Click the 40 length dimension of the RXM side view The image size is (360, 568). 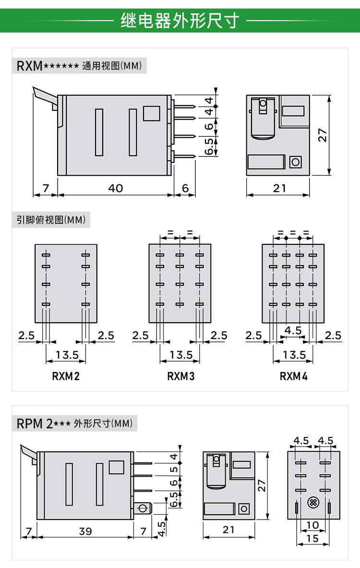pos(115,188)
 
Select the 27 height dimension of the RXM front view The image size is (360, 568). pos(324,135)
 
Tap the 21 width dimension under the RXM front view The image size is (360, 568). pos(279,188)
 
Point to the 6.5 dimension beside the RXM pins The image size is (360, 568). pos(209,146)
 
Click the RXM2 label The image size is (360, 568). pos(66,376)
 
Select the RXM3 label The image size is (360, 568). pos(180,376)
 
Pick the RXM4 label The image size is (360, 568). pos(293,376)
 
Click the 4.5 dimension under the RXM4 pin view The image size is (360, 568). pos(293,330)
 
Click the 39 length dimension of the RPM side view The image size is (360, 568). pos(85,531)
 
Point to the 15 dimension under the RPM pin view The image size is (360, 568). pos(312,539)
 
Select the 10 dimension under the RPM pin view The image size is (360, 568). pos(312,525)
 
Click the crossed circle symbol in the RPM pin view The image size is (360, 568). pos(313,503)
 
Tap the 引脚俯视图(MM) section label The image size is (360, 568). pos(51,220)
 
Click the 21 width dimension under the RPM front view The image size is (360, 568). pos(229,530)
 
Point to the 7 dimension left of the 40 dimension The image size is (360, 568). pos(46,188)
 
